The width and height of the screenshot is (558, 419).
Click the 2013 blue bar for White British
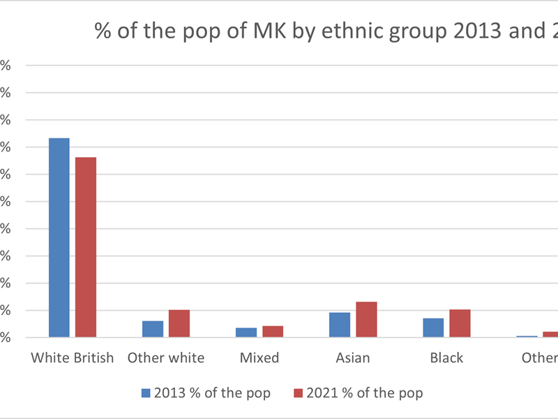[x=59, y=237]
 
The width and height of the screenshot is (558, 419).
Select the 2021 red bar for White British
[x=86, y=247]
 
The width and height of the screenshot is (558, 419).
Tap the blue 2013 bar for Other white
[x=153, y=329]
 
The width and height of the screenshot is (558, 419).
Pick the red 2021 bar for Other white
[x=179, y=323]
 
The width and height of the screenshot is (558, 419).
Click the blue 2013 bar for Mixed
[x=246, y=332]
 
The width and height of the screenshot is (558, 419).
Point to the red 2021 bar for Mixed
[x=273, y=332]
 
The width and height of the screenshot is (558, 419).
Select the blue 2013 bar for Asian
[x=340, y=325]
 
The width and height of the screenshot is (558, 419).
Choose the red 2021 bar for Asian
[x=366, y=320]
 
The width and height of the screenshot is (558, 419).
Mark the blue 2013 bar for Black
[x=433, y=328]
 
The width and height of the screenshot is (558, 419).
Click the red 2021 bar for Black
[x=460, y=323]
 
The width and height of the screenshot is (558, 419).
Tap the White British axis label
[x=73, y=358]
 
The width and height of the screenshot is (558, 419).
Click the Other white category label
[x=166, y=358]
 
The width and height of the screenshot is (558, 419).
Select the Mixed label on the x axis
[x=259, y=358]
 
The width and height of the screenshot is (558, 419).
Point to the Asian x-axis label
[x=353, y=358]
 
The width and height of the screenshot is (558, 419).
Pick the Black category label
[x=446, y=358]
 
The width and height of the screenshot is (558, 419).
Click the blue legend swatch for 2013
[x=146, y=393]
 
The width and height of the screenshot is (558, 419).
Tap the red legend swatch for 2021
[x=299, y=393]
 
